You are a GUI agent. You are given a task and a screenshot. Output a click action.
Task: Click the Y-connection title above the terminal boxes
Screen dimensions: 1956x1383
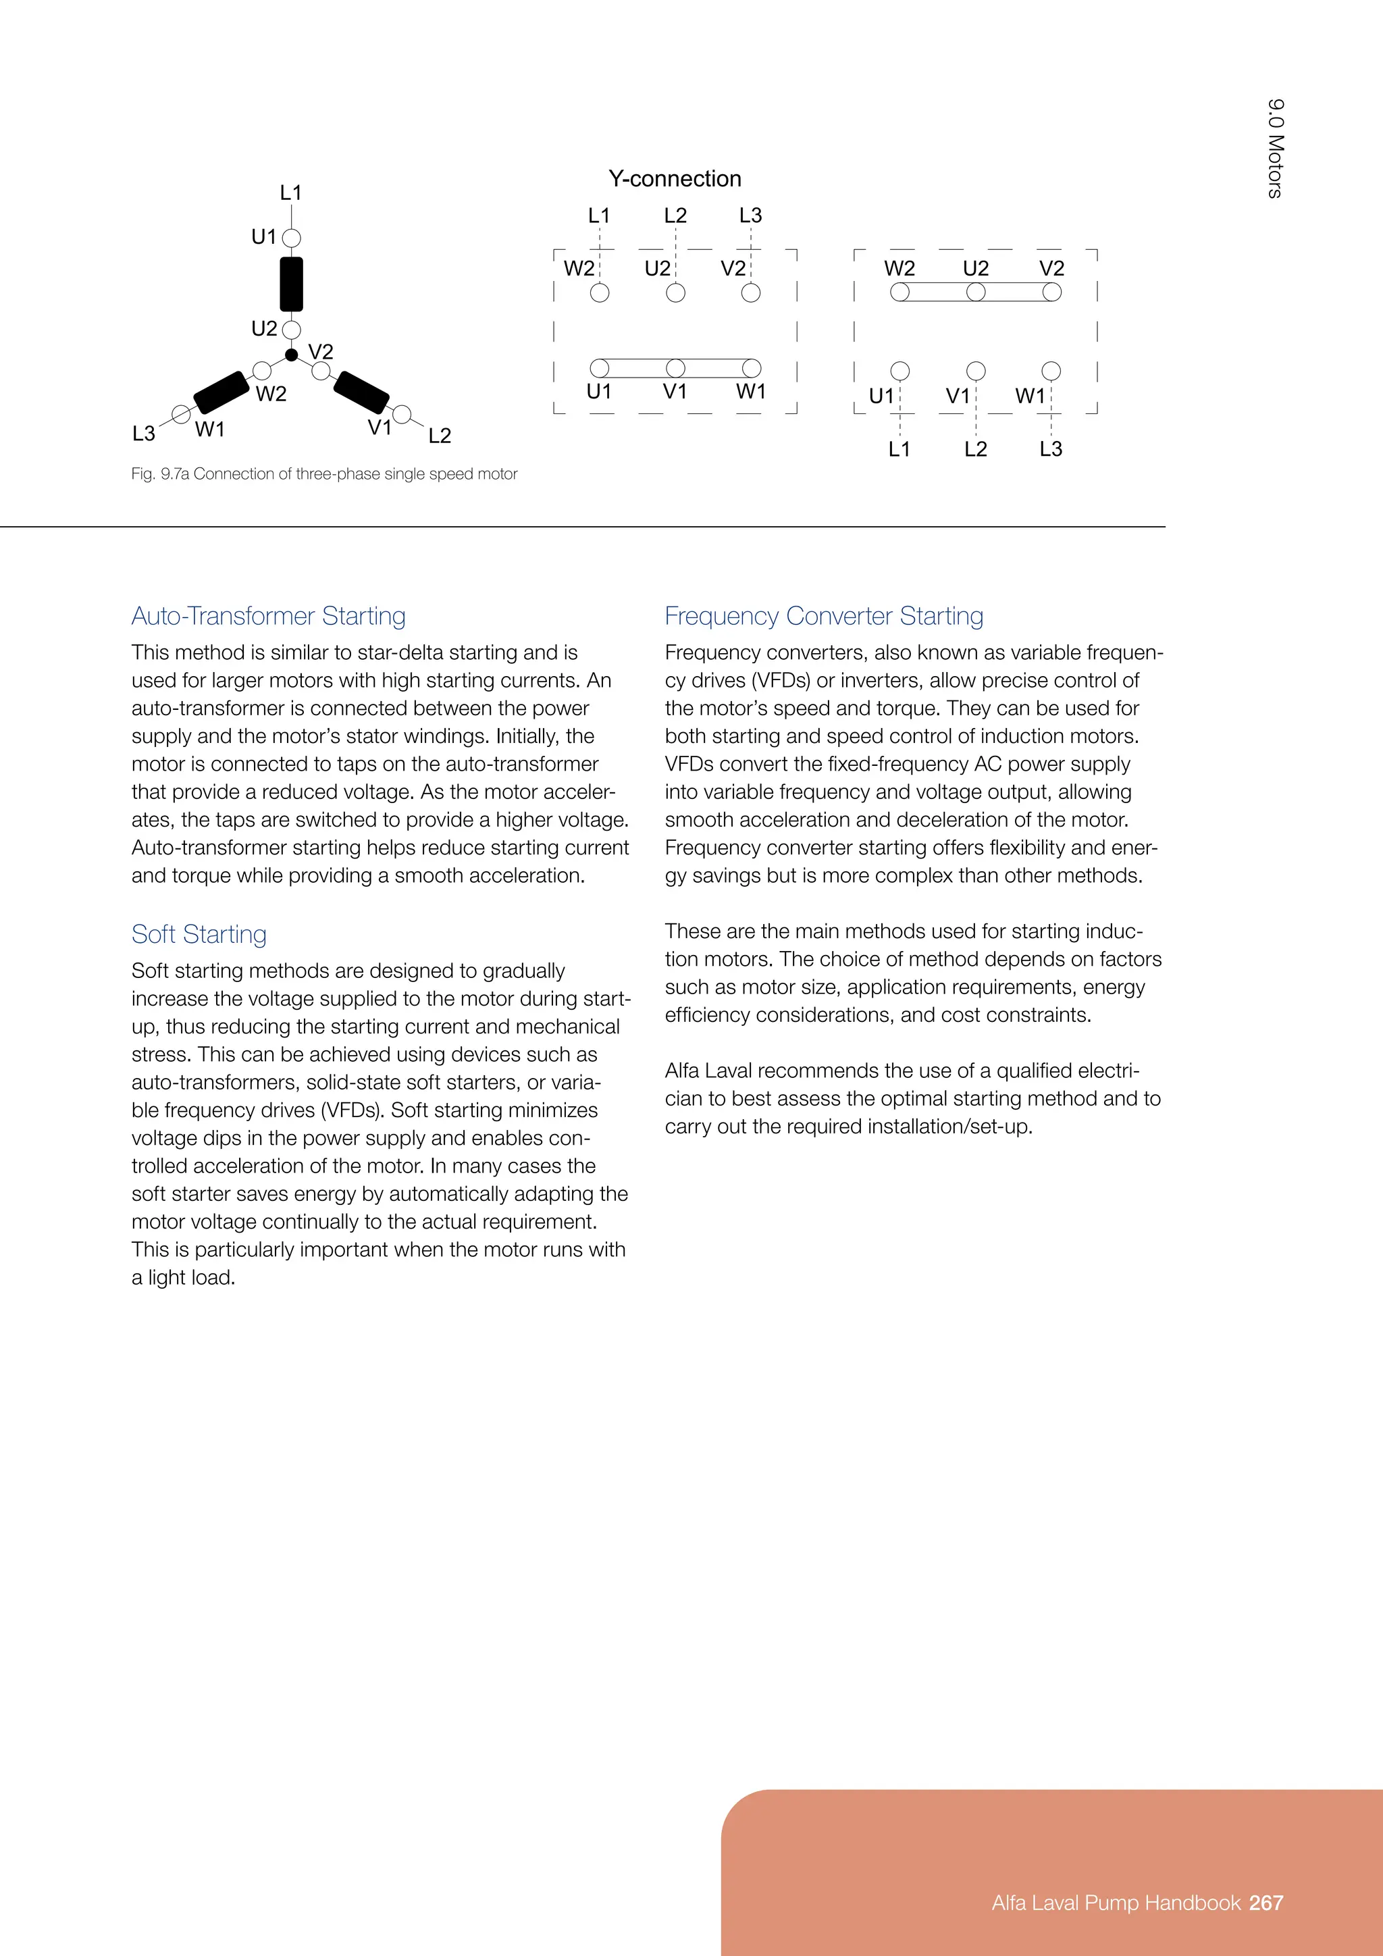tap(675, 179)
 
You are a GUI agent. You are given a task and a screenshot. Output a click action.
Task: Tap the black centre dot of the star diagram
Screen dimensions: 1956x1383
tap(291, 355)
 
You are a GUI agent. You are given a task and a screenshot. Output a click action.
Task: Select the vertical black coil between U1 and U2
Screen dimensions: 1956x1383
tap(291, 284)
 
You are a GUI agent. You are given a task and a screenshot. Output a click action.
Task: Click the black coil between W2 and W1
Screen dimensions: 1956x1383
tap(221, 392)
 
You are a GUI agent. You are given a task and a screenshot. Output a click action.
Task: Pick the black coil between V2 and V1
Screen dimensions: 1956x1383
tap(361, 392)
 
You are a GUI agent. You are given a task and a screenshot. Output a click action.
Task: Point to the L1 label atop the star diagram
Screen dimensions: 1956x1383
tap(291, 193)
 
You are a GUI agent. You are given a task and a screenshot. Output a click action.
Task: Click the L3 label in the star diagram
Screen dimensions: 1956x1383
tap(144, 434)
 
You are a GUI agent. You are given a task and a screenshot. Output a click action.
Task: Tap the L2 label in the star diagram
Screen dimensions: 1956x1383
tap(440, 436)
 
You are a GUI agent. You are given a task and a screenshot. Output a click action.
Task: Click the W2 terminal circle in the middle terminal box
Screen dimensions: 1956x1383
tap(600, 293)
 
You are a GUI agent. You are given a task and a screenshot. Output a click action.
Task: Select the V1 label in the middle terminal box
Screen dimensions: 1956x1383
tap(675, 392)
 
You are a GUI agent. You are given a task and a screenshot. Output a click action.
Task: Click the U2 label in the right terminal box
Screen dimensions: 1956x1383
tap(976, 268)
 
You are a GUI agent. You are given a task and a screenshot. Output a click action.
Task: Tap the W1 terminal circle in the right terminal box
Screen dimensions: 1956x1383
tap(1051, 371)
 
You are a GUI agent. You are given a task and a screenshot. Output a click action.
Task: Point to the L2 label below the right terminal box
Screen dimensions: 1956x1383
tap(976, 449)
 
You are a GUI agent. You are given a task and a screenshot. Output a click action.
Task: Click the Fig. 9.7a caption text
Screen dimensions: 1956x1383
tap(323, 473)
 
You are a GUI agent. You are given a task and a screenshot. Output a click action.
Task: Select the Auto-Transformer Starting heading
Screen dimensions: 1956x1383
tap(268, 616)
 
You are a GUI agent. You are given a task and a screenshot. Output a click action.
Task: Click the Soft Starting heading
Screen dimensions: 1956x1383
tap(199, 935)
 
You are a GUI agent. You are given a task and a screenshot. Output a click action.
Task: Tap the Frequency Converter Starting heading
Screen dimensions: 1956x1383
tap(823, 616)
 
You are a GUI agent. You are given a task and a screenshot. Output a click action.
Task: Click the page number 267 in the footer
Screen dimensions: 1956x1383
tap(1266, 1903)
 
